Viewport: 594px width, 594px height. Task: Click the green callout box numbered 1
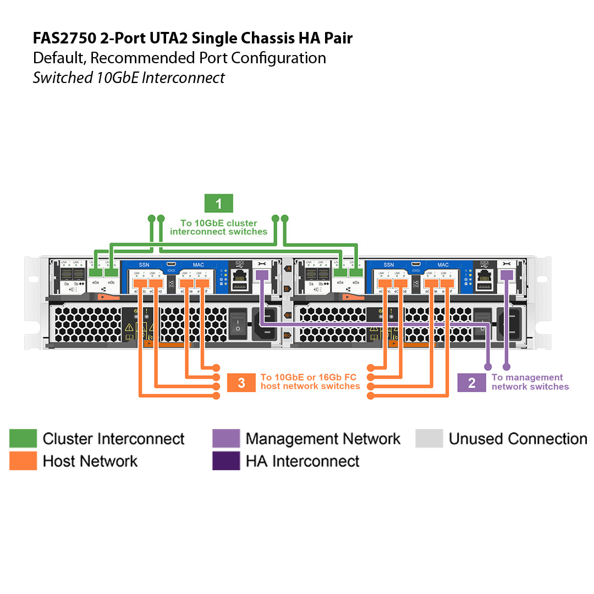point(218,204)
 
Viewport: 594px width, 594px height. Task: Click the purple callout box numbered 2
point(471,383)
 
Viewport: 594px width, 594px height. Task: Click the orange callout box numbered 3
point(241,383)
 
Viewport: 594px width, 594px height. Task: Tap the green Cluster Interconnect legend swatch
point(23,438)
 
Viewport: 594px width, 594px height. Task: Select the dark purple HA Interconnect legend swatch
point(226,461)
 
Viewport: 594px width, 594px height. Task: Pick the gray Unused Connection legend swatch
point(429,438)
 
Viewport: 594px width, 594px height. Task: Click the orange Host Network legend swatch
point(23,461)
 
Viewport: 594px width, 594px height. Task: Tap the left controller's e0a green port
point(96,273)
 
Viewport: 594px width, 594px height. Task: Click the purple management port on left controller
point(262,274)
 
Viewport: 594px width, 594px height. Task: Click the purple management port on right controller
point(506,274)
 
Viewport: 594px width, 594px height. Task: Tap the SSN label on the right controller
point(388,265)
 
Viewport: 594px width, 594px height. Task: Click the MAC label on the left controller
point(198,265)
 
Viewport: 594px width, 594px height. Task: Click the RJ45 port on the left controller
point(240,276)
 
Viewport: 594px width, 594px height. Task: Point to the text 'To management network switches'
point(530,382)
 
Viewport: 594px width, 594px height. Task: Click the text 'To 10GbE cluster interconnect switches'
point(218,228)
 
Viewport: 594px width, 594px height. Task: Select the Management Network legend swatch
point(226,438)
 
